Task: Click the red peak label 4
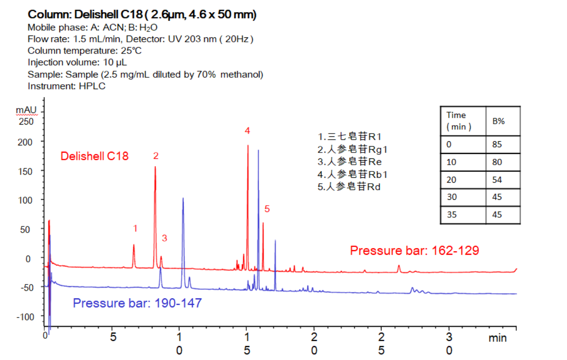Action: (x=247, y=131)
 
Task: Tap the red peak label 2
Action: (x=156, y=156)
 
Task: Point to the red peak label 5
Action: (x=267, y=209)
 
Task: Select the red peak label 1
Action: (x=135, y=229)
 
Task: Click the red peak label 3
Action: (x=165, y=238)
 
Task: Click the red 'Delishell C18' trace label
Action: (x=94, y=156)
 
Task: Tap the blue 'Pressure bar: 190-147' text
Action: (x=137, y=303)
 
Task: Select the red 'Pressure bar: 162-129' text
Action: (x=414, y=251)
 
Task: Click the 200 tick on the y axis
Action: (x=25, y=142)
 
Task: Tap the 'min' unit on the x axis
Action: (x=498, y=337)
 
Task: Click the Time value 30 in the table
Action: (x=451, y=197)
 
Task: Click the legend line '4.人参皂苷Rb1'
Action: (x=352, y=174)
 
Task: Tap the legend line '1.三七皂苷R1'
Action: (x=349, y=136)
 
